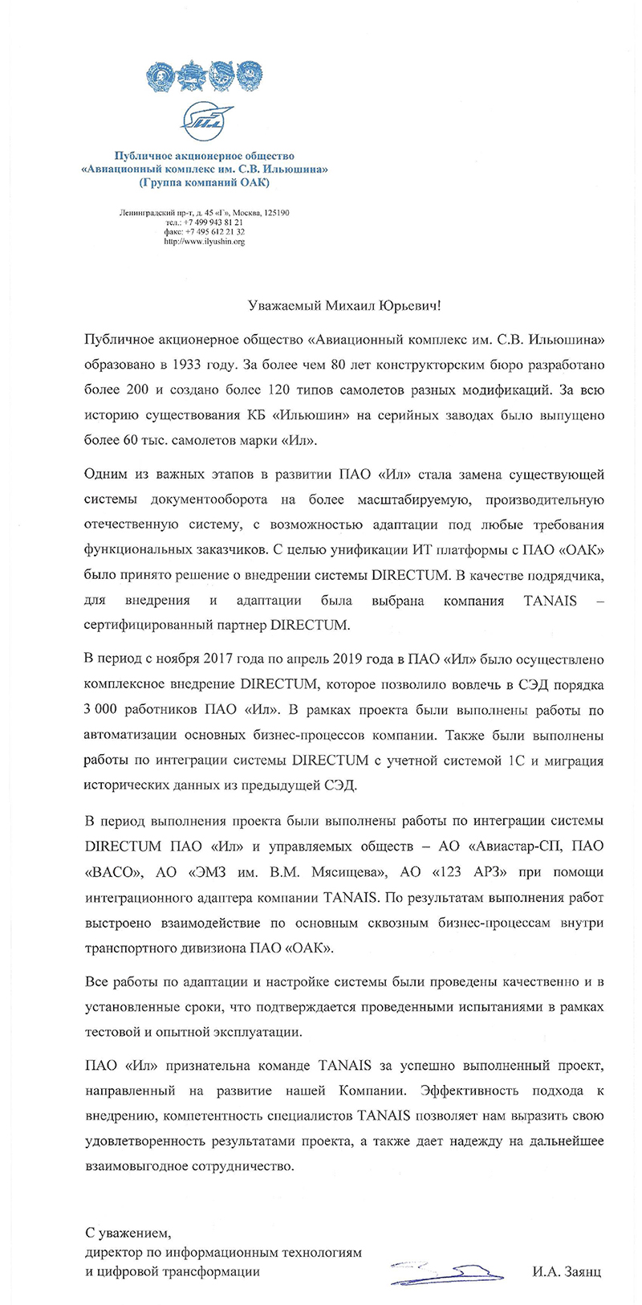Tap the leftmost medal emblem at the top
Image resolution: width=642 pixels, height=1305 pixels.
point(158,79)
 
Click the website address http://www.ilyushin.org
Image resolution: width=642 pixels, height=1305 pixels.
point(204,241)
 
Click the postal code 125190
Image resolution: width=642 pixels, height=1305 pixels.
point(274,213)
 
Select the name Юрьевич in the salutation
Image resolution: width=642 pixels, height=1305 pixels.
point(408,305)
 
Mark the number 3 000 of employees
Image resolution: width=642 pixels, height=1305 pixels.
point(100,712)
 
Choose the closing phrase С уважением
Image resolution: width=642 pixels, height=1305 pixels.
point(128,1233)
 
